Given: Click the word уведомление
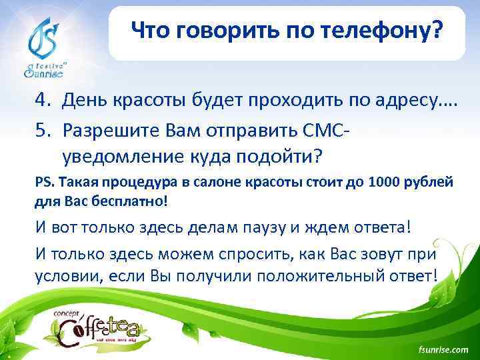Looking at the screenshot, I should coord(118,156).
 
